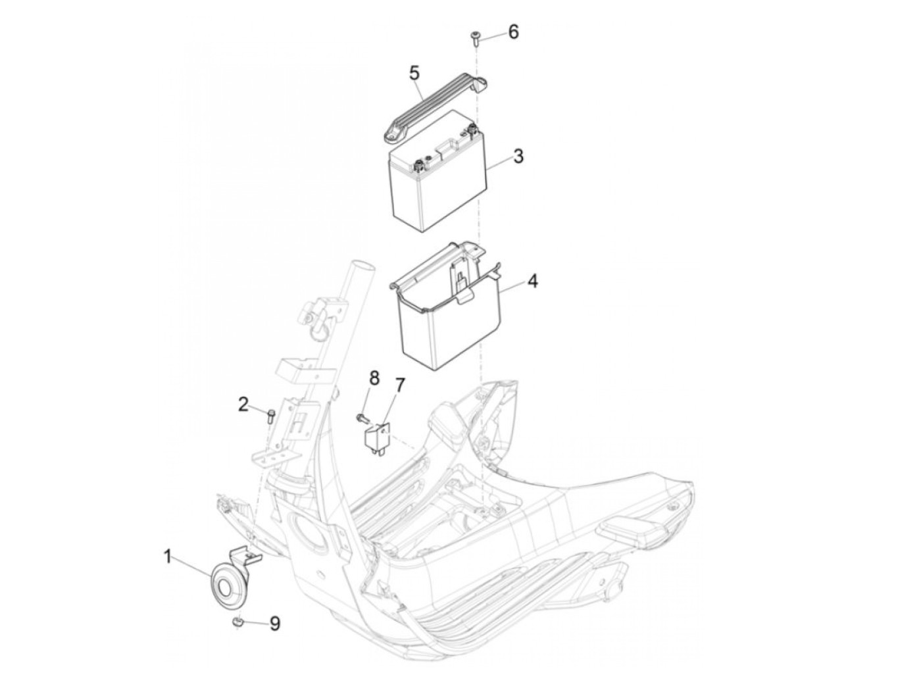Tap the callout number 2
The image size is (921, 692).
point(243,404)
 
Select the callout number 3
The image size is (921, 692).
point(518,157)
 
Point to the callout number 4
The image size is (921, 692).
point(532,282)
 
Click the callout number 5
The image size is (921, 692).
point(414,72)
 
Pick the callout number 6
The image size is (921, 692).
point(513,31)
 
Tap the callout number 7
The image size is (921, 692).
point(400,385)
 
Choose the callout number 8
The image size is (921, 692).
point(374,378)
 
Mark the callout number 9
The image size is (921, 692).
point(274,622)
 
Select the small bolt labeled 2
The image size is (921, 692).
point(270,414)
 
